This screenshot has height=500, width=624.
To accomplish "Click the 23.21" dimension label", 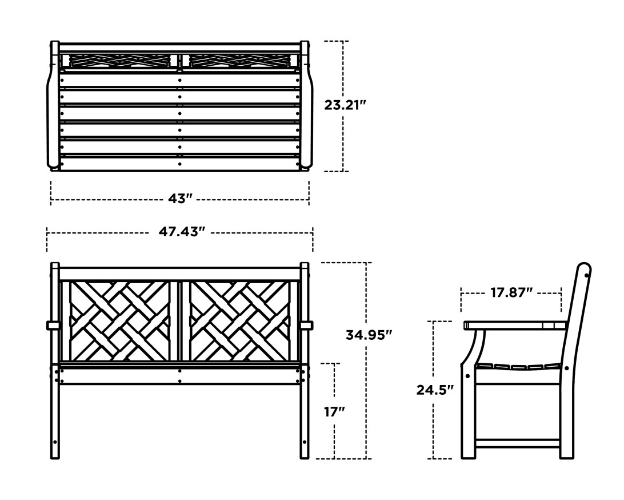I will point(345,105).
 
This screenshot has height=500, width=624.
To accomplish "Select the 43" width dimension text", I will point(180,199).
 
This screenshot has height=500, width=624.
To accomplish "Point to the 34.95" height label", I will point(369,335).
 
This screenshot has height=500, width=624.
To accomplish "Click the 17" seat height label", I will point(334,411).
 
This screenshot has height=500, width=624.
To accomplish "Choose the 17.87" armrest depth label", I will point(511,293).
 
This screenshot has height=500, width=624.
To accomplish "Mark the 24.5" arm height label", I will point(435,390).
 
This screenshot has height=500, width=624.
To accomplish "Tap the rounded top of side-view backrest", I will point(583,269).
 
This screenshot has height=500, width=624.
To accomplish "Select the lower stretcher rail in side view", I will point(517,443).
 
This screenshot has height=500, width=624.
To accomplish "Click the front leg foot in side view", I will point(468,454).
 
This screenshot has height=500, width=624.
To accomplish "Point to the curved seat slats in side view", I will point(517,367).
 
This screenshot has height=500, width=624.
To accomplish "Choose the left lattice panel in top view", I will point(120,60).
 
